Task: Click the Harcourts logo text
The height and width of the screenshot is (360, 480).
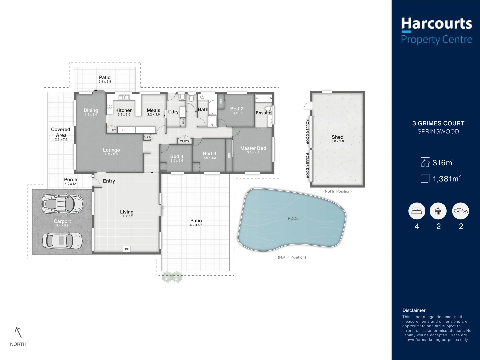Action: tap(436, 24)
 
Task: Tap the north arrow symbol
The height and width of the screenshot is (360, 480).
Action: tap(18, 333)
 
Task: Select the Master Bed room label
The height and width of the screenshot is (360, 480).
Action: tap(253, 148)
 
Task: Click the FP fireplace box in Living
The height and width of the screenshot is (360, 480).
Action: tap(127, 249)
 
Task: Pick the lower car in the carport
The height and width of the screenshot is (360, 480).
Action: tap(62, 240)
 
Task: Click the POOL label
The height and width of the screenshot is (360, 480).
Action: tap(293, 219)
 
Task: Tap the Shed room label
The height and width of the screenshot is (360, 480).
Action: tap(337, 137)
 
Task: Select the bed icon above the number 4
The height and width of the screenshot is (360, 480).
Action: tap(417, 211)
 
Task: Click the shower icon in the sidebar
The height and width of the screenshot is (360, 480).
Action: tap(438, 211)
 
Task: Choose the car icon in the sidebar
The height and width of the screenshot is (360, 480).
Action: tap(461, 211)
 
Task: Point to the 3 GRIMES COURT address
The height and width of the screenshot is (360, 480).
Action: tap(438, 123)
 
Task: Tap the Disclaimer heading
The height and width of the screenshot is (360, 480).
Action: tap(414, 310)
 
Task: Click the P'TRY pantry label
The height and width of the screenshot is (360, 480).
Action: tap(112, 130)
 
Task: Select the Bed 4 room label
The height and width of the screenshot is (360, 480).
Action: tap(177, 156)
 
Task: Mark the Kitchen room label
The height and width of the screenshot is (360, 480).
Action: tap(124, 110)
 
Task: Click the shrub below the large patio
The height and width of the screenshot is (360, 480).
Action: tap(172, 277)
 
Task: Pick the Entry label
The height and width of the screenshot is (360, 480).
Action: tap(109, 181)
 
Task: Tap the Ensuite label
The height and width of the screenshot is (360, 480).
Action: tap(263, 113)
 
